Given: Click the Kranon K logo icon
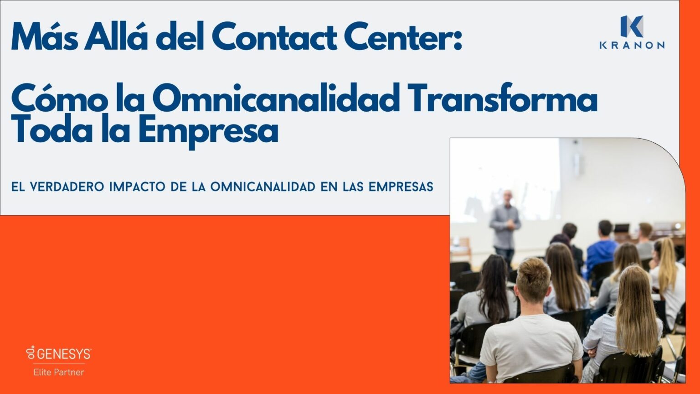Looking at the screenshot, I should tap(632, 26).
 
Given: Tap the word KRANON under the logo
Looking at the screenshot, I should tap(632, 45).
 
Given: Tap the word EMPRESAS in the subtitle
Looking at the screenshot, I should tap(401, 187).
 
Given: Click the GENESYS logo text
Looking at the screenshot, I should tap(64, 354).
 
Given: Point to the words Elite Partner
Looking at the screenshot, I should tap(59, 372).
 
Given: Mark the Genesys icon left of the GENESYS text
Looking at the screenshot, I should tap(31, 353).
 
